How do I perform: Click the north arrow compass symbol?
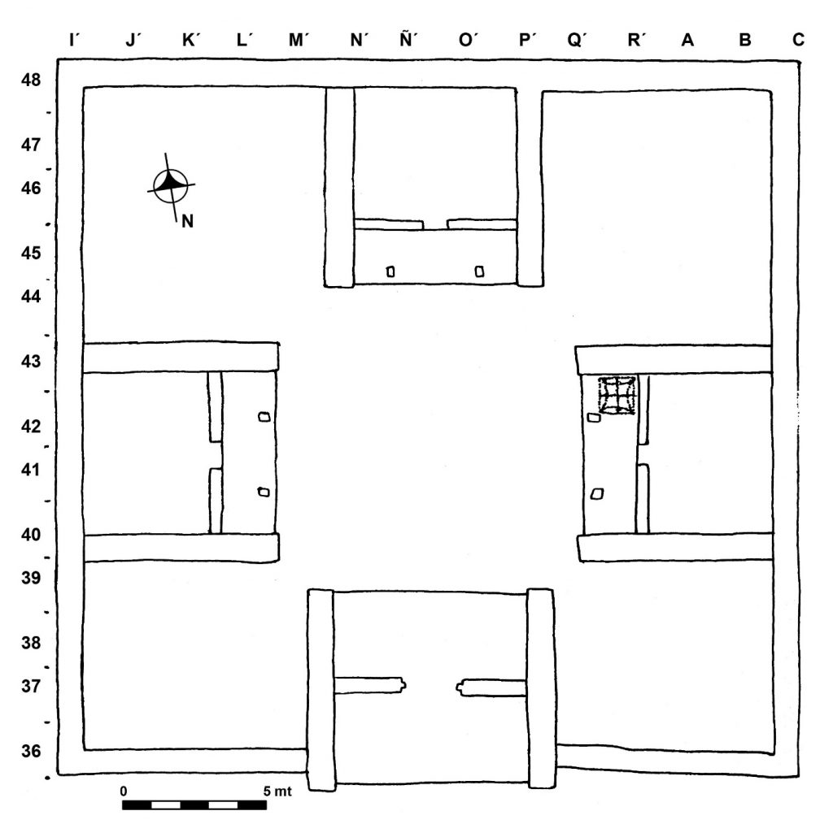click(x=171, y=186)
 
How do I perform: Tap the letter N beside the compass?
click(x=187, y=221)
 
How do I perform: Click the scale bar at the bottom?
click(x=194, y=804)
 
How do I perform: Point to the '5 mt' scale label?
click(x=277, y=791)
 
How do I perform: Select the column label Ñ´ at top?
click(x=408, y=39)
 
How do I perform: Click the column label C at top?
click(x=798, y=40)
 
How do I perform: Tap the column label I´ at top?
click(x=74, y=40)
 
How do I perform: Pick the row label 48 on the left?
click(x=31, y=80)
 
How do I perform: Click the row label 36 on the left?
click(x=31, y=751)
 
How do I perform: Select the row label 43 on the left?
click(x=31, y=362)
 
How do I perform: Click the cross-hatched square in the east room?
click(x=617, y=394)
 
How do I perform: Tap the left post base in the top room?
click(x=390, y=271)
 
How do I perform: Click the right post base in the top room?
click(x=479, y=271)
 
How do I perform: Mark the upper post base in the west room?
click(x=264, y=417)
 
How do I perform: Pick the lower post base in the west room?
click(x=264, y=492)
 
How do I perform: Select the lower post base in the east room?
click(x=597, y=494)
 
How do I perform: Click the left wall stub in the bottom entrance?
click(x=370, y=685)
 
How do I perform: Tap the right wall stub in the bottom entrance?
click(x=491, y=687)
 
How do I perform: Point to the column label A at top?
click(x=687, y=40)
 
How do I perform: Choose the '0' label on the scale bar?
click(x=124, y=791)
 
